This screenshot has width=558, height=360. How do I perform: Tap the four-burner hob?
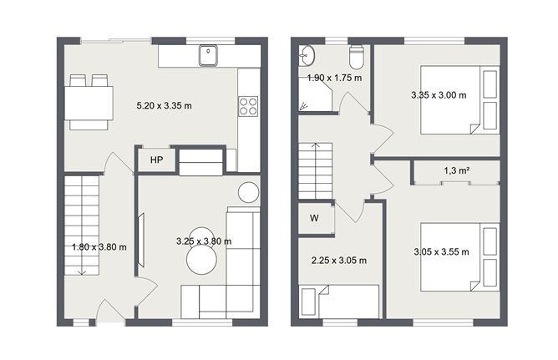[248, 106]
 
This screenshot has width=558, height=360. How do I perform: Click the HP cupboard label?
[156, 160]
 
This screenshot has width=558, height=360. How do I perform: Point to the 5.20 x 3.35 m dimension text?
[165, 106]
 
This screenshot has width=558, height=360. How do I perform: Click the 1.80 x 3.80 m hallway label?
[99, 246]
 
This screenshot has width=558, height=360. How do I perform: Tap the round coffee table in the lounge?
[201, 255]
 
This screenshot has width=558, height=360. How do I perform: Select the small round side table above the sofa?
[249, 192]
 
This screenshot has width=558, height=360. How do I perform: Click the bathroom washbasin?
[307, 56]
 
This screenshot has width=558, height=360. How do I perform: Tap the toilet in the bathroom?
[357, 58]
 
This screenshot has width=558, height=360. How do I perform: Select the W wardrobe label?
[314, 219]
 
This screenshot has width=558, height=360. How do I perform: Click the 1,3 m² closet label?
[455, 170]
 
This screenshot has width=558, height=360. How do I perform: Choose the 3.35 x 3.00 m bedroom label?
[439, 94]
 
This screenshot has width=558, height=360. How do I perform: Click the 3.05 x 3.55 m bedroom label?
[441, 251]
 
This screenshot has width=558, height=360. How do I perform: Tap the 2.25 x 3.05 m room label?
[338, 260]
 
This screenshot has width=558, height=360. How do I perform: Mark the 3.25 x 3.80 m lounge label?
[204, 241]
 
